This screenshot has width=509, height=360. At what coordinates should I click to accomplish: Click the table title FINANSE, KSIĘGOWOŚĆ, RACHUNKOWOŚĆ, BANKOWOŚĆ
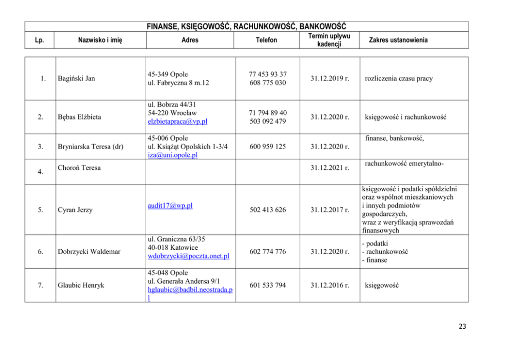point(246,26)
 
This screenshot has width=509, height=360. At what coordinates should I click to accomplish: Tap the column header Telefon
point(267,40)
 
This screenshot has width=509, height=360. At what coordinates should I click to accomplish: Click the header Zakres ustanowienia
point(398,40)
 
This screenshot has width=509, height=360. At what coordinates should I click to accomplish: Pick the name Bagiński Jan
point(76,78)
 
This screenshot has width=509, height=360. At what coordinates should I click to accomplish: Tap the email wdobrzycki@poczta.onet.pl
point(188,256)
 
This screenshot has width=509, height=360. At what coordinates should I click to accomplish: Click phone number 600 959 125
point(267,147)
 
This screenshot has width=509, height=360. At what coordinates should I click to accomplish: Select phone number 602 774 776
point(267,252)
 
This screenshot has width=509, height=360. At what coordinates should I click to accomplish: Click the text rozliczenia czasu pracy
point(398,78)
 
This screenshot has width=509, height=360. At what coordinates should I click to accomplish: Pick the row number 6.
point(40,252)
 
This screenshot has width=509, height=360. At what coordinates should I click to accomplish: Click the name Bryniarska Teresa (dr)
point(90,147)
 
